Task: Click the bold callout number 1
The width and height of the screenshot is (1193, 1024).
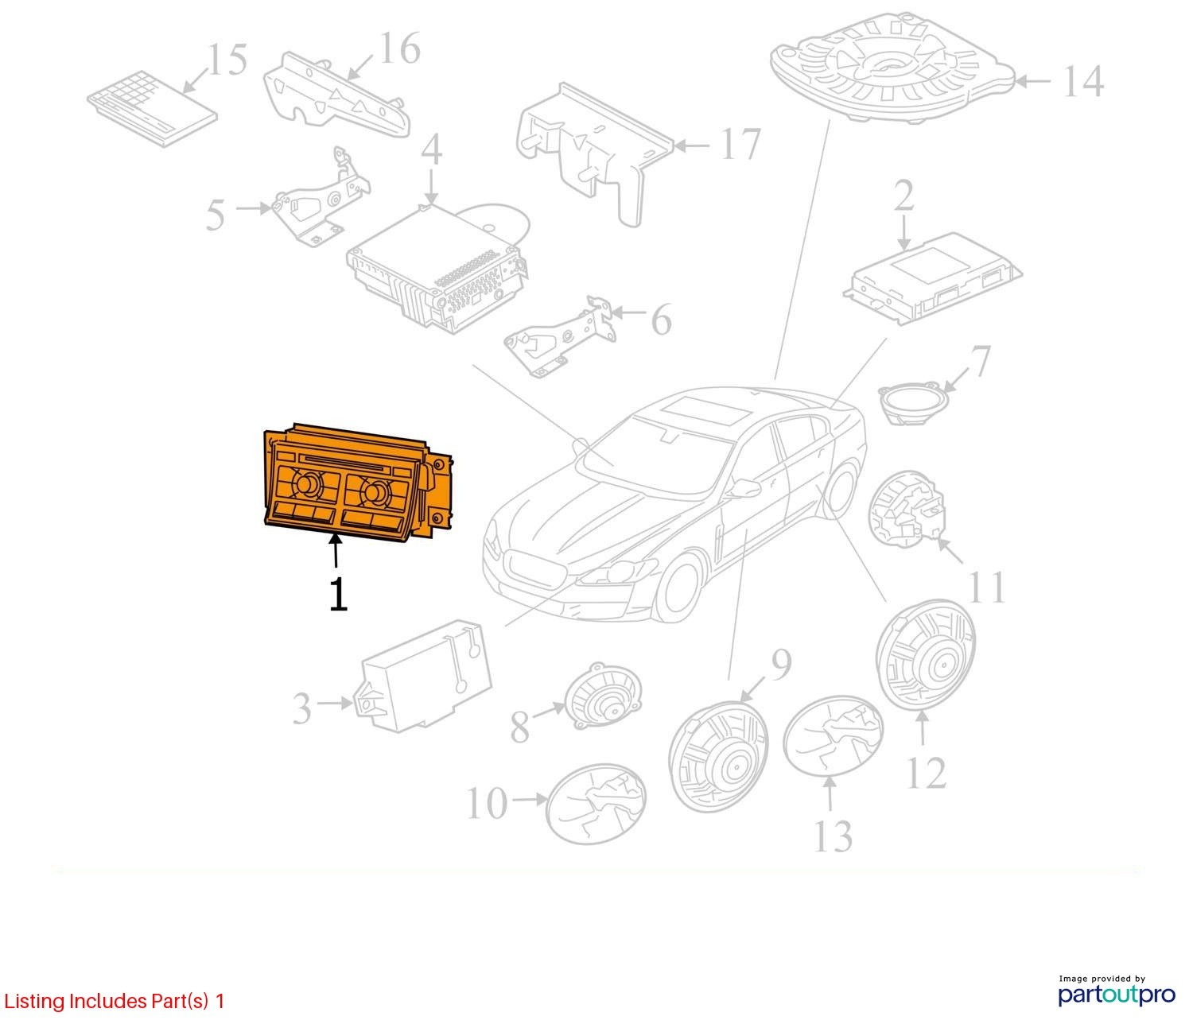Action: tap(338, 594)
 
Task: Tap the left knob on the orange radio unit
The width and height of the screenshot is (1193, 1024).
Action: tap(308, 483)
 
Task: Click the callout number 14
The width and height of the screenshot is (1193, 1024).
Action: tap(1084, 81)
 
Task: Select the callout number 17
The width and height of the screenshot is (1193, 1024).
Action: tap(741, 144)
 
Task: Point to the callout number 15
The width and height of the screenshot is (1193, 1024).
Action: tap(227, 59)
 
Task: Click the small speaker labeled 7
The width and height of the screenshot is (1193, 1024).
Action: tap(912, 402)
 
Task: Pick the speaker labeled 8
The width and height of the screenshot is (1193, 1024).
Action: tap(603, 697)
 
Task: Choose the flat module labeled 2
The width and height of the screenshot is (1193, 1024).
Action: tap(933, 278)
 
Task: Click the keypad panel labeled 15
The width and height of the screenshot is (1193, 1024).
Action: tap(153, 108)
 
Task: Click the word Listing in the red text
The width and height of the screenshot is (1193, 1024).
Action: tap(35, 1002)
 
